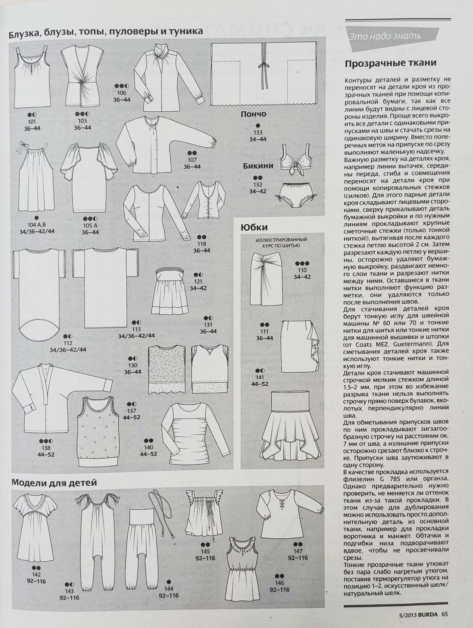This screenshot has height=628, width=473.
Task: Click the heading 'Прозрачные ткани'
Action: [390, 63]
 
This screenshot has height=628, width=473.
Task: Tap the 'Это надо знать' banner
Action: [385, 36]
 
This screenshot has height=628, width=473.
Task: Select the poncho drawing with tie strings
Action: [264, 74]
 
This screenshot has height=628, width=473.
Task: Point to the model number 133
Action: [258, 133]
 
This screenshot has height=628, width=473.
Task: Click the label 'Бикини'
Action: [258, 166]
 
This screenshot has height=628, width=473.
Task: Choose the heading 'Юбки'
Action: [254, 227]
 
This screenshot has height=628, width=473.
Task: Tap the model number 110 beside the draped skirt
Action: [302, 270]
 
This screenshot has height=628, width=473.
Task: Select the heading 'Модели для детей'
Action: [54, 482]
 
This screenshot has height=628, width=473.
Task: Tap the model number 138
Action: [46, 448]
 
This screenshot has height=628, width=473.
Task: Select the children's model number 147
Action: [298, 551]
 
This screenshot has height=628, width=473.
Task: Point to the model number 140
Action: [148, 447]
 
